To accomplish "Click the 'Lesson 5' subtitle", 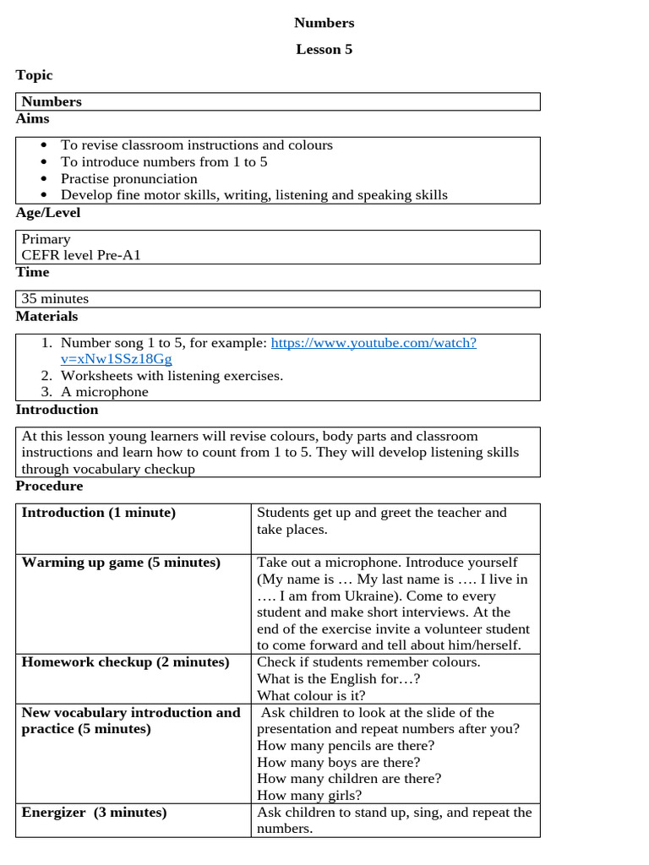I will tap(324, 49).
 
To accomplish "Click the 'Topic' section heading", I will tap(34, 75).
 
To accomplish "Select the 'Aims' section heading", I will tap(32, 118).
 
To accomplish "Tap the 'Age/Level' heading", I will tap(48, 213).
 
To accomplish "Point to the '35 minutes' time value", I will tap(55, 298).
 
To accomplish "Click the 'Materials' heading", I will tap(46, 316).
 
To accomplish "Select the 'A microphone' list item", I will tap(104, 391).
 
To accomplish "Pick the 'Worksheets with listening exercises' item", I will tap(172, 375).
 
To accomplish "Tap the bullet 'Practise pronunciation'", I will tap(128, 178).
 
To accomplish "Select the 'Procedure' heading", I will tap(49, 486).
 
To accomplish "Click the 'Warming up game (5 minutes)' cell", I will tap(121, 563).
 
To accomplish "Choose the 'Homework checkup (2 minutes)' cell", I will tap(125, 662).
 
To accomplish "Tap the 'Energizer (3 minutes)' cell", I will tap(94, 813).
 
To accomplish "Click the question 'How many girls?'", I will tap(309, 795).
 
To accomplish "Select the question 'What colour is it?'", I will tap(311, 695).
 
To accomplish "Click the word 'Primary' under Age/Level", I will tap(46, 239).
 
